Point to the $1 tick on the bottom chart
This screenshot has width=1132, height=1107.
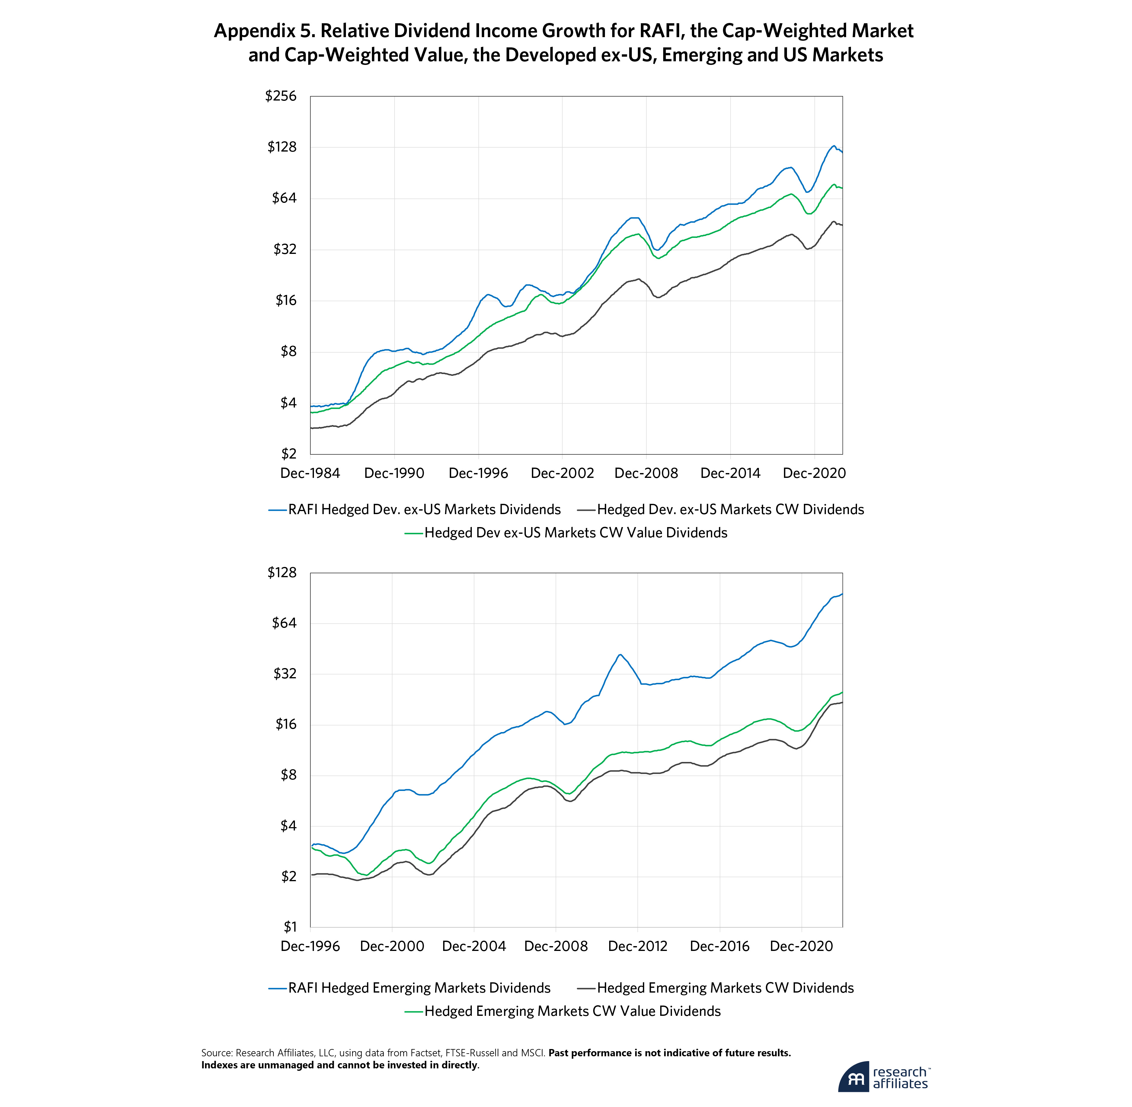pos(289,927)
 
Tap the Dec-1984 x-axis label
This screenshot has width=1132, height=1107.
pos(310,473)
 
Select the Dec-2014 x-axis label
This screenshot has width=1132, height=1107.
pos(730,473)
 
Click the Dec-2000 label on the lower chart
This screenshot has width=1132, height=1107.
pos(392,946)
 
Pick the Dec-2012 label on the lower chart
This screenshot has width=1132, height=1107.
pos(638,946)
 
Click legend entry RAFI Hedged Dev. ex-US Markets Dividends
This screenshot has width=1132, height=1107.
pos(424,509)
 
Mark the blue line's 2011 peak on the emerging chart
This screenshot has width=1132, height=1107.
pos(620,655)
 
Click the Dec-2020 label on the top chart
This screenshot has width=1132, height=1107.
pos(814,473)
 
